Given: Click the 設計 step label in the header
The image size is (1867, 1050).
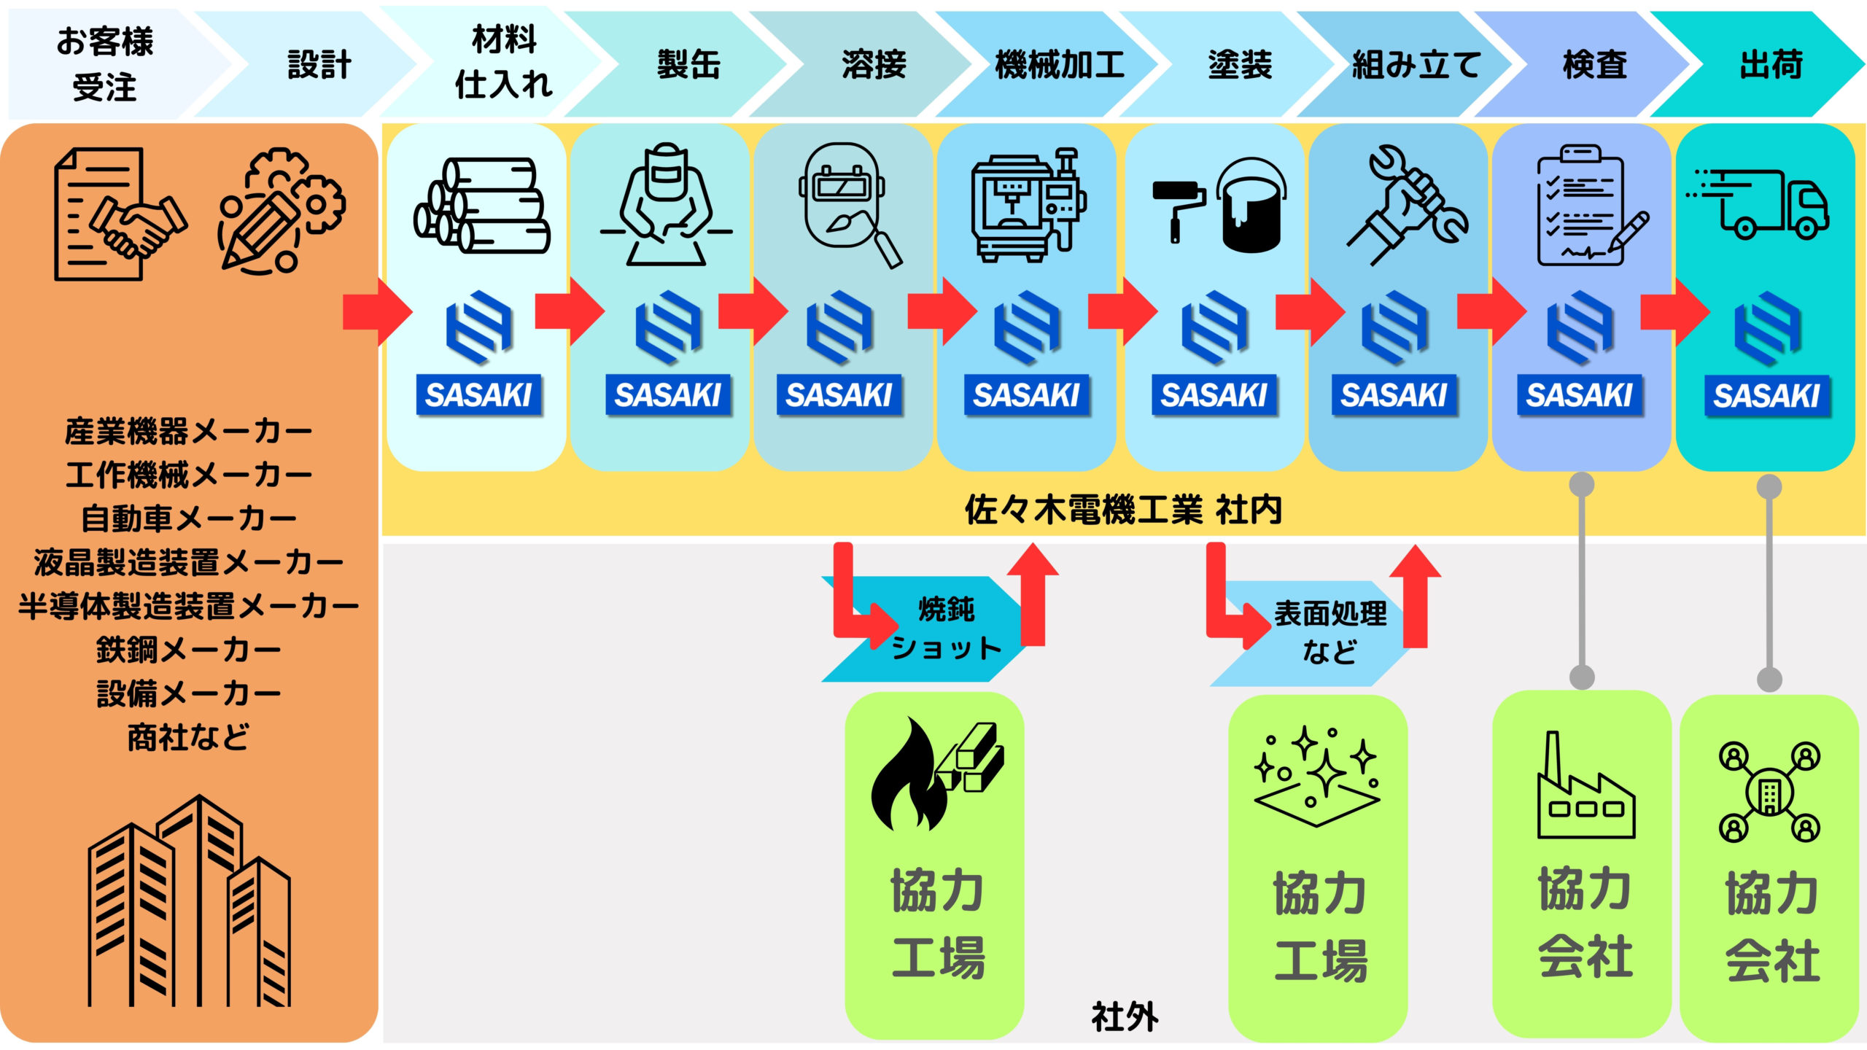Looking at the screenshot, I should coord(319,64).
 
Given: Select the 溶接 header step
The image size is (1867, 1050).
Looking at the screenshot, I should coord(874,64).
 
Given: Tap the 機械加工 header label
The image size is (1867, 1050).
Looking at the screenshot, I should coord(1059,64).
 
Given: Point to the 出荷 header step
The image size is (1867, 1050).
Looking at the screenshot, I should coord(1771,64).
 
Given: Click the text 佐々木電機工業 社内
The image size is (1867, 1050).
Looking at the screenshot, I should coord(1123,510).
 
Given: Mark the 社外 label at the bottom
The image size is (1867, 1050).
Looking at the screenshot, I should coord(1125,1016).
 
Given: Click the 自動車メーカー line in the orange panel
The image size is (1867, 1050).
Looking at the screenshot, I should coord(189,518).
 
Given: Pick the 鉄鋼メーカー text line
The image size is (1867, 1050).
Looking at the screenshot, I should coord(189,649).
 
